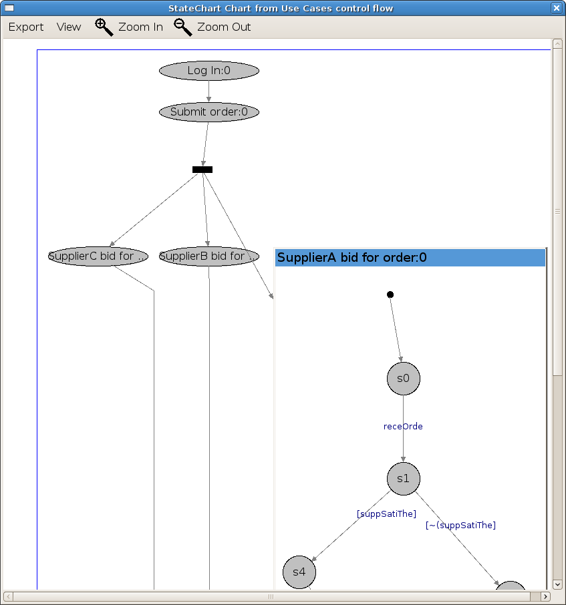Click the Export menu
[26, 27]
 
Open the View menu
[69, 27]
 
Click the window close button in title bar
[556, 8]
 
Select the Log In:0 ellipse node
[208, 71]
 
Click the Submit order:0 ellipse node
[208, 112]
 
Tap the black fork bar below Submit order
[202, 170]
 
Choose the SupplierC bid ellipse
[98, 256]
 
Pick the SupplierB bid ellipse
[208, 256]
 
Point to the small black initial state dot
[390, 294]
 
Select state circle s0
[403, 378]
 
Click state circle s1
[403, 479]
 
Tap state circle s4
[299, 572]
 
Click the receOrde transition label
[403, 427]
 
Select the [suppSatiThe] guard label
[386, 514]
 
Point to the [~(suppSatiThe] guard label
[460, 526]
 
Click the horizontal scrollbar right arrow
[546, 596]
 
